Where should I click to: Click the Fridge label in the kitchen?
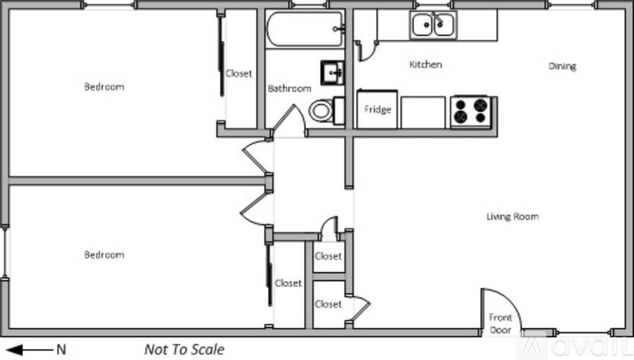point(378,110)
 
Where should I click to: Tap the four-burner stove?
point(470,112)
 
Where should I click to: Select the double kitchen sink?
point(433,26)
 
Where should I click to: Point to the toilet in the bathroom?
point(321,111)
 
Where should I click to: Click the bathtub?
point(305,29)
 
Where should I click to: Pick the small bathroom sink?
point(333,72)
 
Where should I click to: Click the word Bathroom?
point(290,89)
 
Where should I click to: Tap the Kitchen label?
point(425,65)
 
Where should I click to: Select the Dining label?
point(562,67)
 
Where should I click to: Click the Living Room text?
point(512,217)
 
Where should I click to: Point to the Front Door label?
point(501,323)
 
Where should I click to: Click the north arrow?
point(32,350)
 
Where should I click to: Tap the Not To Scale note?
point(184,350)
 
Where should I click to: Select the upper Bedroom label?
point(104,87)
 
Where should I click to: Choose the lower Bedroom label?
point(104,255)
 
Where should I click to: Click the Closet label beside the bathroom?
point(239,73)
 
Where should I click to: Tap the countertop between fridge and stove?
point(423,112)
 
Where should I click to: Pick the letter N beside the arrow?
point(61,350)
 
